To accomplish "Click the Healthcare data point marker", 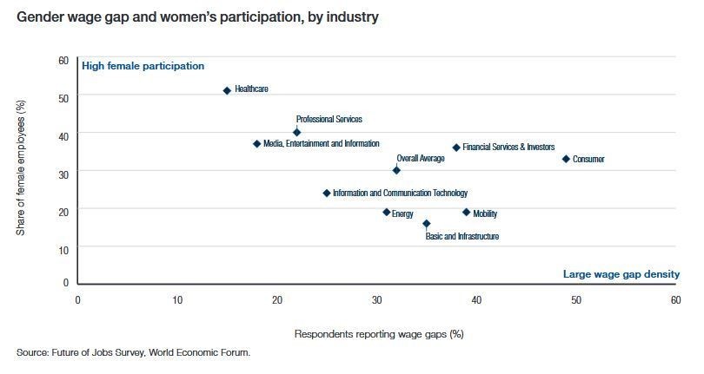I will click(x=227, y=90).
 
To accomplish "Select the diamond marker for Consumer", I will click(x=566, y=159).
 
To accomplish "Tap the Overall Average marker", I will click(x=396, y=170).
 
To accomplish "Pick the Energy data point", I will click(x=387, y=212).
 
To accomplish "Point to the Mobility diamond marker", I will click(x=466, y=212).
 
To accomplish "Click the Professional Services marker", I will click(x=296, y=133).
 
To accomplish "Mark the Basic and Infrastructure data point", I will click(x=426, y=223).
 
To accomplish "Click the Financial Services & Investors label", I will click(x=508, y=148).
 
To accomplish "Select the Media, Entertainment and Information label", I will click(x=321, y=144).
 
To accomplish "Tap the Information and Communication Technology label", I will click(x=400, y=194).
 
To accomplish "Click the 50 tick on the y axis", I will click(x=63, y=97).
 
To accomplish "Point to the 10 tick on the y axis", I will click(x=63, y=246).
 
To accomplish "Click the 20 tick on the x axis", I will click(x=277, y=299).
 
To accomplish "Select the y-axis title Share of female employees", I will click(x=22, y=166).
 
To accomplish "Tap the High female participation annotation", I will click(x=143, y=66).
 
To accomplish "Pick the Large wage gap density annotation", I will click(x=621, y=274).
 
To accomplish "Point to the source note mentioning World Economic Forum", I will click(x=133, y=352).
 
